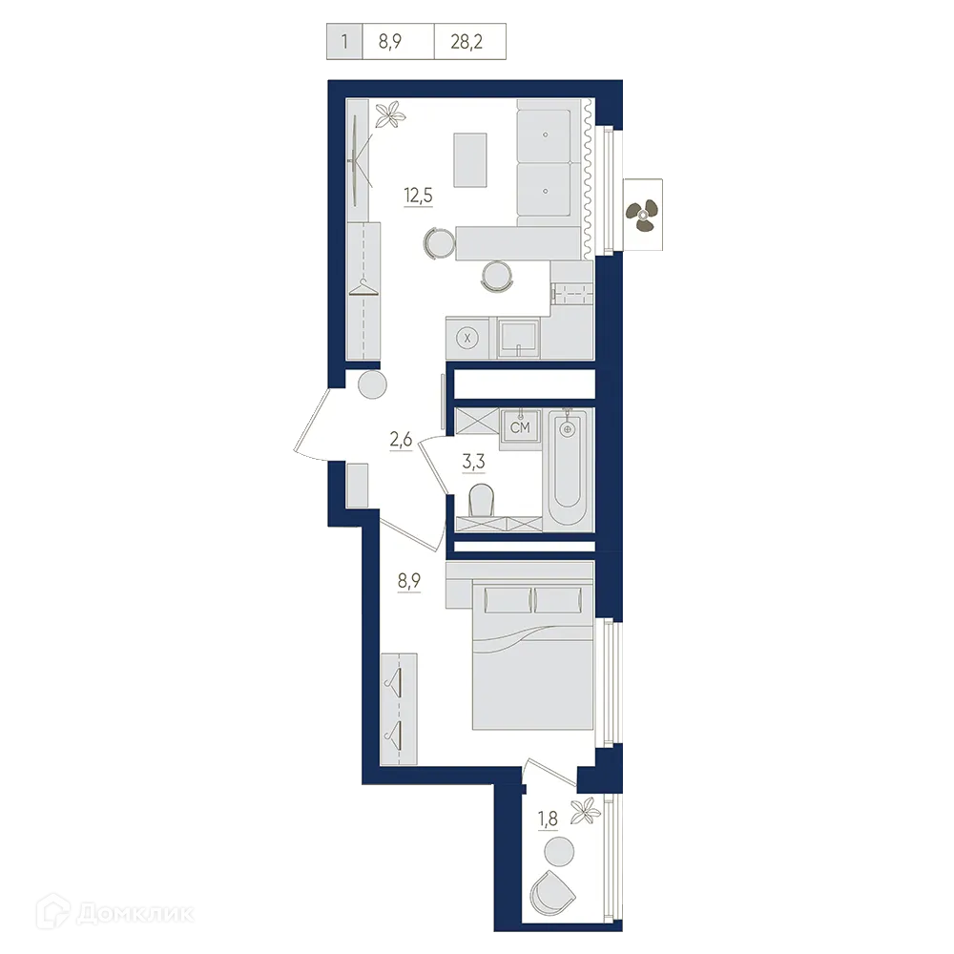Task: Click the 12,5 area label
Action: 416,197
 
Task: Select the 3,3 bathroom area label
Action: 473,462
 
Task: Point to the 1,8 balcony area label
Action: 550,819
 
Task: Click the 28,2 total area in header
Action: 471,42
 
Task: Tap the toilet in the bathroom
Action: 482,499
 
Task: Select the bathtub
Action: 570,467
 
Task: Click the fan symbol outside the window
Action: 642,215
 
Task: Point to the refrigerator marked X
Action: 467,337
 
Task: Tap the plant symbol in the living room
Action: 389,115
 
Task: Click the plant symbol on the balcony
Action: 584,812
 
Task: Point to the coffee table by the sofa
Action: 470,159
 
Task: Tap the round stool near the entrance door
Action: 371,385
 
